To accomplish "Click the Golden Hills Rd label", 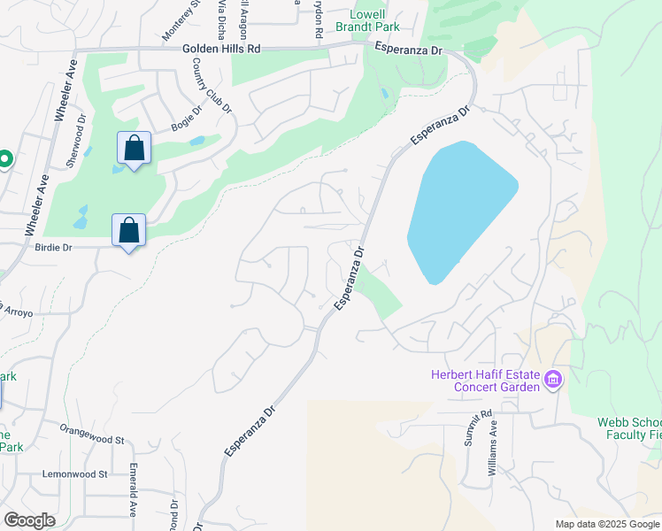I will [x=221, y=50].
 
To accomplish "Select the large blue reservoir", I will [x=458, y=210].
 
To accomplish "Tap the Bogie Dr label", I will [x=187, y=123].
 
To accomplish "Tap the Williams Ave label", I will [x=493, y=448].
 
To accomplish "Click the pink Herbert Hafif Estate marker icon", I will [x=553, y=380].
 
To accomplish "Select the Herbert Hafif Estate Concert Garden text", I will [x=485, y=381].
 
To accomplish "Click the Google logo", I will [x=29, y=520].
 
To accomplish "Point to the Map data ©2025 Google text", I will [x=606, y=524].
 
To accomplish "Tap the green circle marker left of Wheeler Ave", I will [x=4, y=159].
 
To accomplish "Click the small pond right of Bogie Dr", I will [x=196, y=140].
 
